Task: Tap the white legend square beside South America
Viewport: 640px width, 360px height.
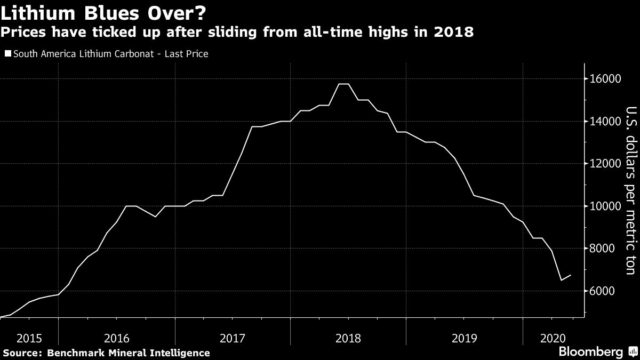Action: pos(7,53)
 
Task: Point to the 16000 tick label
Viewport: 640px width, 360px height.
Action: pos(605,79)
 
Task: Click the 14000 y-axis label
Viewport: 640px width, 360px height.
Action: pos(605,122)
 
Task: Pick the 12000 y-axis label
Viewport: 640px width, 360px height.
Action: pos(605,164)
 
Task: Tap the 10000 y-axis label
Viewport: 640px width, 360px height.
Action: pos(605,206)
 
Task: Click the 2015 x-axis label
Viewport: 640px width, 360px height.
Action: pos(29,338)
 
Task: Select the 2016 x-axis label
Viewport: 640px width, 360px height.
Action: pos(116,338)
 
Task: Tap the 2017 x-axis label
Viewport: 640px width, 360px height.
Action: pos(232,338)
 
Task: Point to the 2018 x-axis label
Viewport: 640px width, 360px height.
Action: pos(348,338)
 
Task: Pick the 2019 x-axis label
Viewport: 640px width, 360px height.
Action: pos(463,338)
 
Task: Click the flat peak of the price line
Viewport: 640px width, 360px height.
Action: pos(343,84)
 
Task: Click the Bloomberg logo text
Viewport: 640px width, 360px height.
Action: pos(590,352)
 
